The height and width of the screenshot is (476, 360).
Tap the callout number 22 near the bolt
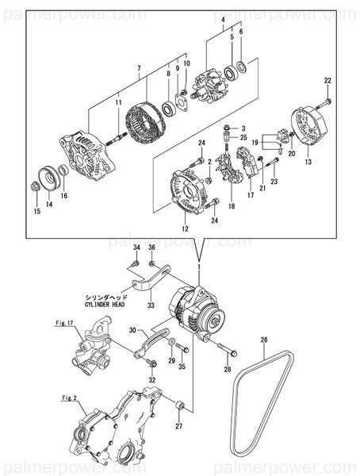(327, 80)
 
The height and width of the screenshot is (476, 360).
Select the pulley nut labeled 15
(36, 187)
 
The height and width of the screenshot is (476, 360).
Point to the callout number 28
(227, 370)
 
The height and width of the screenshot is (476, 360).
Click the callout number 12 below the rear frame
(184, 228)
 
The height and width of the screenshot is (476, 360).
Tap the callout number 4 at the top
(223, 18)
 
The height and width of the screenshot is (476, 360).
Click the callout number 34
(136, 249)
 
